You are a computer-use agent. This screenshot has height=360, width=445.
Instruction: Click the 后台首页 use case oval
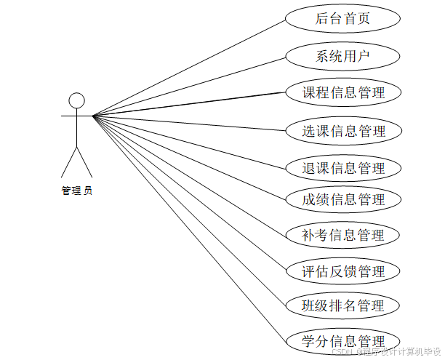click(342, 19)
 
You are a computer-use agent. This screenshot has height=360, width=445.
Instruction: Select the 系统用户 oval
click(342, 56)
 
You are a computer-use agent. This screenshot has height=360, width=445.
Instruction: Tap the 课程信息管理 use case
click(342, 93)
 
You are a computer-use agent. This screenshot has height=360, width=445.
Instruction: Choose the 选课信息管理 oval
click(342, 131)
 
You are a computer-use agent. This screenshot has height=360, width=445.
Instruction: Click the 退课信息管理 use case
click(342, 168)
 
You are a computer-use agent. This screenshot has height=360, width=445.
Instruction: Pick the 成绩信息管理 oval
click(342, 199)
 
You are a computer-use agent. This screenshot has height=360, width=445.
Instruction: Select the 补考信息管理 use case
click(342, 235)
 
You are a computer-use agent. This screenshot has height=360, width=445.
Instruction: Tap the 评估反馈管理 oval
click(342, 272)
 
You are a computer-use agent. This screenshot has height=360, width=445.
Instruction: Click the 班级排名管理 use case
click(342, 305)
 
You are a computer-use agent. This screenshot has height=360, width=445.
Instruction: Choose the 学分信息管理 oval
click(342, 340)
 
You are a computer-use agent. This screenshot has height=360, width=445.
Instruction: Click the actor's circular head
click(76, 100)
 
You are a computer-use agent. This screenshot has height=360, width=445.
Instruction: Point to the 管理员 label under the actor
click(76, 191)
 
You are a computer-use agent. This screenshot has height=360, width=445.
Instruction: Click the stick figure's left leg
click(68, 163)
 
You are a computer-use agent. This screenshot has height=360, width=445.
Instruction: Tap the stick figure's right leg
click(85, 163)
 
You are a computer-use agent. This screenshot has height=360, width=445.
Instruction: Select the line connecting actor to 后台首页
click(189, 67)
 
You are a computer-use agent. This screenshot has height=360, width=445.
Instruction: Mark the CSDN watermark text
click(386, 351)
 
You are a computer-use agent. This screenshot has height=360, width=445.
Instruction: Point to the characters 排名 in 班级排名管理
click(342, 305)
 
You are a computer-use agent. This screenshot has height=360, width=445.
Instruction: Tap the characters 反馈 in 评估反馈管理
click(342, 272)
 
